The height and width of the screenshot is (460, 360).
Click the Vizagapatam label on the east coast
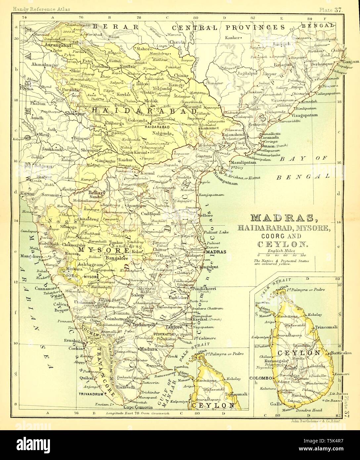click(x=304, y=115)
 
